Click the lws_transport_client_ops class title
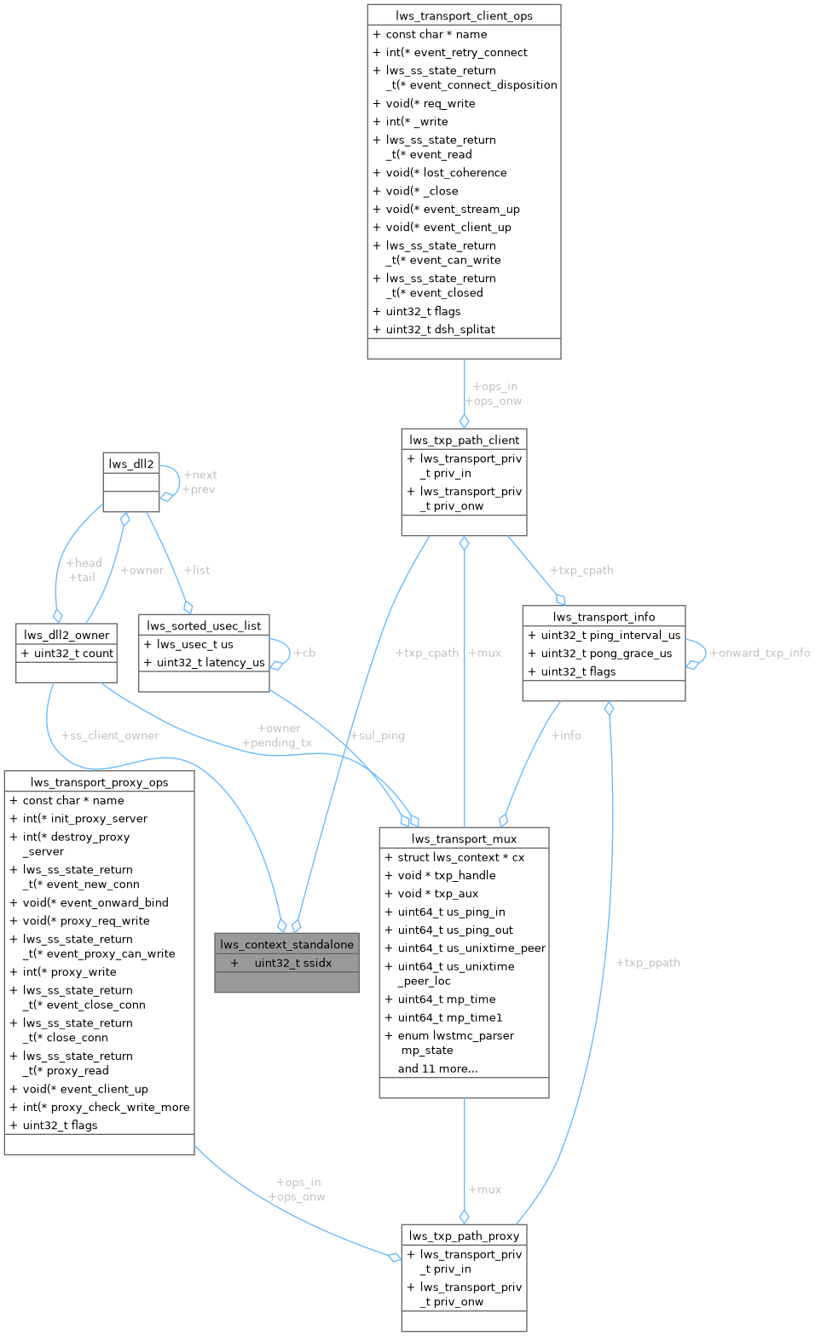(x=464, y=15)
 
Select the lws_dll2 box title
(x=130, y=464)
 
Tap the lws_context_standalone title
(x=286, y=944)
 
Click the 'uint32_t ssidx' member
(x=292, y=963)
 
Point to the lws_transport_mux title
(x=464, y=838)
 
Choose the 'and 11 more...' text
(x=437, y=1068)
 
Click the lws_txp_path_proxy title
(x=464, y=1235)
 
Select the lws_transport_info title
(x=604, y=616)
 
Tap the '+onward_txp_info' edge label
(x=760, y=653)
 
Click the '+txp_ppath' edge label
(x=648, y=963)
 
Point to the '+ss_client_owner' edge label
(x=110, y=735)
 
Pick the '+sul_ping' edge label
(x=378, y=735)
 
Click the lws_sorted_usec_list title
(x=204, y=625)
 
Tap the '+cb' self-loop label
(x=304, y=653)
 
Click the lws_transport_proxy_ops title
(x=99, y=782)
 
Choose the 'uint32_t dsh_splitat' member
(x=440, y=329)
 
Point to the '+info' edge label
(x=566, y=735)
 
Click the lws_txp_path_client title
(x=464, y=440)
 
